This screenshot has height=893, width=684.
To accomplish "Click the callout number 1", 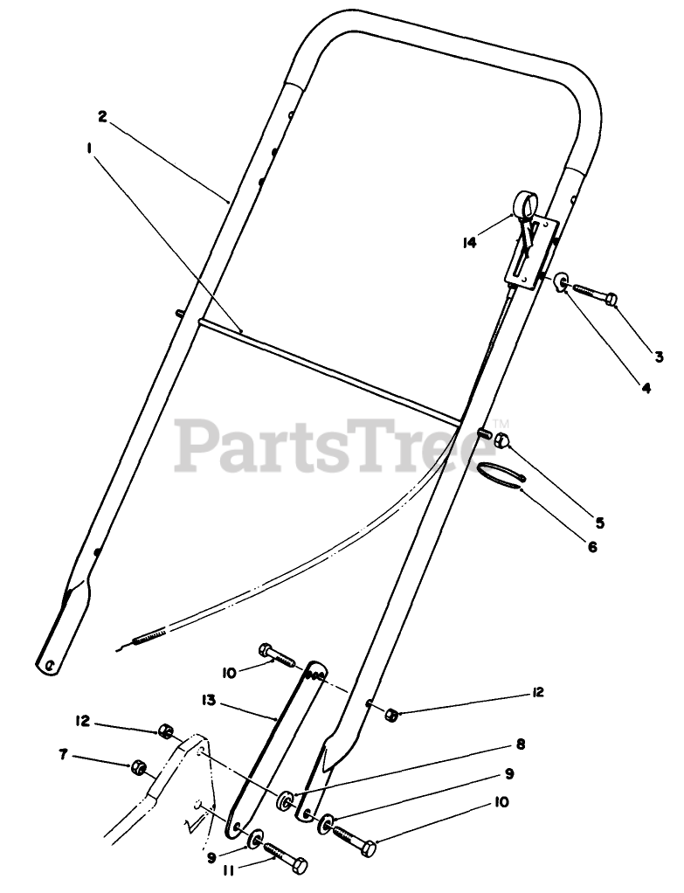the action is [90, 149].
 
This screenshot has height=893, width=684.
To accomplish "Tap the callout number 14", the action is [470, 243].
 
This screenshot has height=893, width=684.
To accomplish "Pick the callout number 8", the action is [520, 745].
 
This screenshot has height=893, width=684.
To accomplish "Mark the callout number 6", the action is [591, 547].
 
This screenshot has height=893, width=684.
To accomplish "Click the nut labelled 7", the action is [138, 768].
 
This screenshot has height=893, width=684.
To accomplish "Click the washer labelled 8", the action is [286, 800].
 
